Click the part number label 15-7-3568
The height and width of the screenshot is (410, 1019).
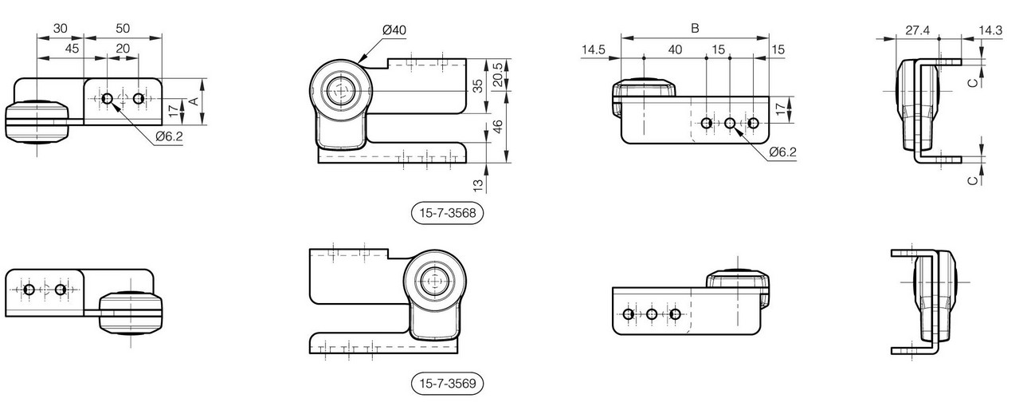[x=447, y=213]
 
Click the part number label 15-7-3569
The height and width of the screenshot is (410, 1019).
[x=447, y=383]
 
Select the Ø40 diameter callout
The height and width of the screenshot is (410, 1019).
[x=394, y=30]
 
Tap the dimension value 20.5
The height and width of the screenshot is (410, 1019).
[x=498, y=74]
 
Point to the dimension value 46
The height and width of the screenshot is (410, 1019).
[x=498, y=126]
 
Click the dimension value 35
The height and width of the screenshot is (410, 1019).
[x=478, y=86]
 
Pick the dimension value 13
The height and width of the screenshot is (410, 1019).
[x=478, y=185]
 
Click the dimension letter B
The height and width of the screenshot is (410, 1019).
[x=695, y=28]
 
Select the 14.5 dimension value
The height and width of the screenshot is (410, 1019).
[x=594, y=49]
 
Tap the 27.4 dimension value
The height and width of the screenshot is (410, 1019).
[x=917, y=30]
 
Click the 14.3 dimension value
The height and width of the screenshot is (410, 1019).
[x=990, y=30]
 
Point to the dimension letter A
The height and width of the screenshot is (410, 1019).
[x=194, y=101]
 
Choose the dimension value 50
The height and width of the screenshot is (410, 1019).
[x=123, y=28]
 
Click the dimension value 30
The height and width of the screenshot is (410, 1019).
[x=60, y=28]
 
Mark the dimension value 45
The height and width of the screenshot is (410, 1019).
[x=72, y=49]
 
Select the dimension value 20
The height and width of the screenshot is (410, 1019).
[x=123, y=49]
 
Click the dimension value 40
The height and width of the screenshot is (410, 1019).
[x=675, y=49]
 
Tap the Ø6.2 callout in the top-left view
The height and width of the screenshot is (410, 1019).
[x=169, y=136]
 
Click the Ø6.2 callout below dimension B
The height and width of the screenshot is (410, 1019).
[x=783, y=152]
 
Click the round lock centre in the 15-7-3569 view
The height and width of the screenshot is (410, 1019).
[x=435, y=281]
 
